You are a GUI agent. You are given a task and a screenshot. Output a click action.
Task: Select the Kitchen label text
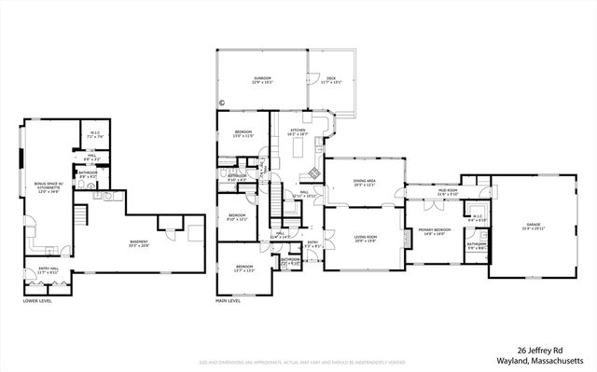click(x=298, y=131)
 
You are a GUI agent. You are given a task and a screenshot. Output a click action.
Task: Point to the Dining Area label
click(x=365, y=182)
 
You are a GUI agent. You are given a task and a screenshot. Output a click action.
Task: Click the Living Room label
click(x=365, y=238)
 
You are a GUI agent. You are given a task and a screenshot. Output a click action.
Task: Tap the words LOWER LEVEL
click(x=37, y=301)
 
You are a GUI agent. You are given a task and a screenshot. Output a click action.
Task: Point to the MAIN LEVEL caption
click(x=229, y=301)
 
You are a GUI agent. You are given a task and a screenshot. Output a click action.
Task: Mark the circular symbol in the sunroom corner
click(x=222, y=103)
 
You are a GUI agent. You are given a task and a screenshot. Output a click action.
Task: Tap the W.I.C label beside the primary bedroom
click(x=478, y=220)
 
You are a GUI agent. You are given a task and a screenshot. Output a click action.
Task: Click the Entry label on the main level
click(x=312, y=244)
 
